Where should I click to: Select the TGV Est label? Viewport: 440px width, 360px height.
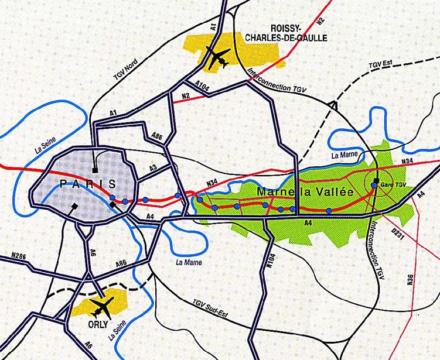point(380,66)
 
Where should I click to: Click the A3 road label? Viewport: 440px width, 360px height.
point(153,168)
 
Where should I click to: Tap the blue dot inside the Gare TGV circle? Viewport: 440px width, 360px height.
point(374,185)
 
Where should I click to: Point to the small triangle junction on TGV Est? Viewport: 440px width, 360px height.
point(333,105)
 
